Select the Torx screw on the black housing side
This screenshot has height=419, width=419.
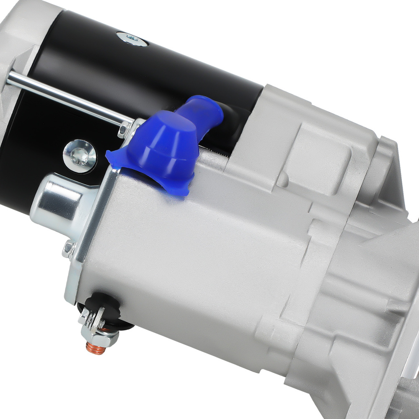pos(80,155)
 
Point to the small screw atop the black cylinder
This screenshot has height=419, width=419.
pos(132,39)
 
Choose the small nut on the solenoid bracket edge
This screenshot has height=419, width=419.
pos(67,250)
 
